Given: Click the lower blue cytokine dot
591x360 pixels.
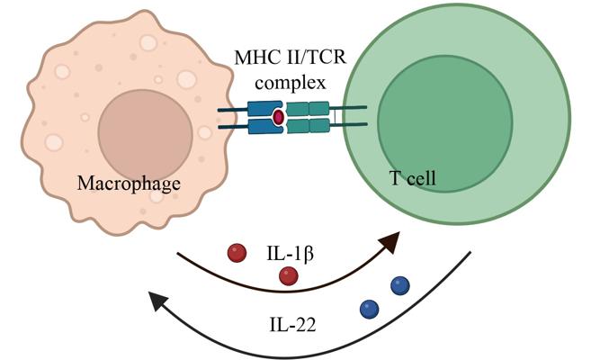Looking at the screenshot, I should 369,309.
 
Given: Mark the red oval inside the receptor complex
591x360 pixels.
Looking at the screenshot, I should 279,118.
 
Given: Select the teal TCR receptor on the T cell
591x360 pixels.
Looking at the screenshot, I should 308,118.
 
